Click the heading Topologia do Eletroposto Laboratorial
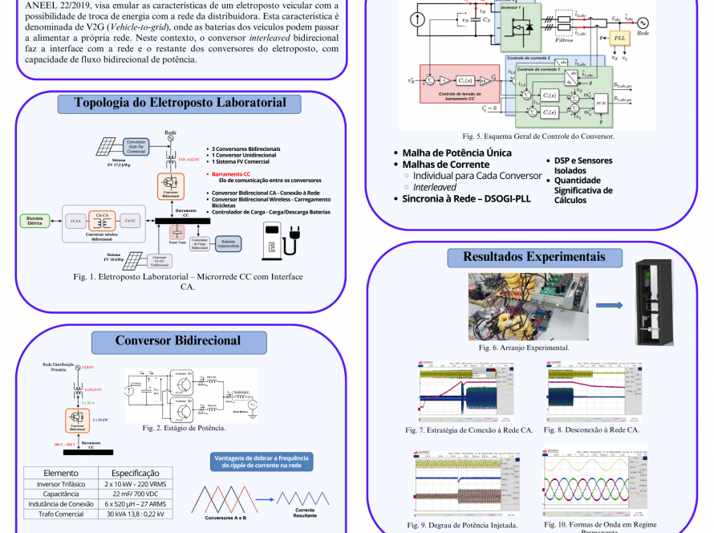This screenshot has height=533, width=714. (181, 103)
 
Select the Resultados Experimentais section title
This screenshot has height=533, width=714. (533, 257)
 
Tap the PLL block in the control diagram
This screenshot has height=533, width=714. (619, 38)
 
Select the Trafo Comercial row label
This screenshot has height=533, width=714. (61, 515)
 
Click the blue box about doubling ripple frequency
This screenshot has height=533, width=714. (262, 462)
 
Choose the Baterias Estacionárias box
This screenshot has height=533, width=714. (229, 244)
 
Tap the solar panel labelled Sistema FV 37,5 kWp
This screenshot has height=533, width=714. (107, 147)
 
